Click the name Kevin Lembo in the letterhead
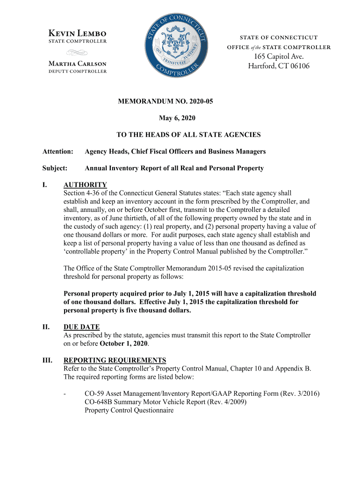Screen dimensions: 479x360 point(78,33)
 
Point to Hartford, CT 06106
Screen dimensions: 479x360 point(279,66)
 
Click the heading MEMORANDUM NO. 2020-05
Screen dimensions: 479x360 point(180,101)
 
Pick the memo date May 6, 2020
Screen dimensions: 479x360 point(180,118)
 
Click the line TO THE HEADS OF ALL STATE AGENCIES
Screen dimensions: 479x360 point(188,135)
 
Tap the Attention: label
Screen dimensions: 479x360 point(58,152)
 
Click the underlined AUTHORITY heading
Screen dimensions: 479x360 point(85,185)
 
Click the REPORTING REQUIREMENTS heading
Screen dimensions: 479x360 point(115,360)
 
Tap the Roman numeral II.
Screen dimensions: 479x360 point(46,327)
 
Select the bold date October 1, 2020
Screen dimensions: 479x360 point(124,344)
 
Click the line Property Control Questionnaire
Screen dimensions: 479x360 point(129,410)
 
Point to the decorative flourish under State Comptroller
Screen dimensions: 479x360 point(78,52)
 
